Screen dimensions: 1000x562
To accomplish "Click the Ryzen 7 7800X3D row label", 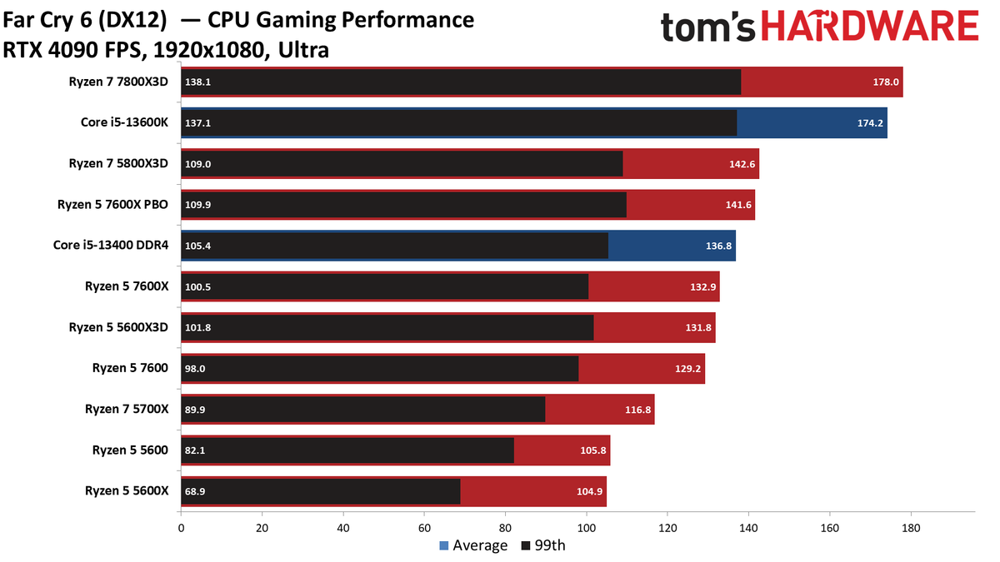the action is point(118,82).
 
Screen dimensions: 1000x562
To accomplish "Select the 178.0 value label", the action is point(886,82).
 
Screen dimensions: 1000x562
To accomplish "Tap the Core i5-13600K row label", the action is point(124,122).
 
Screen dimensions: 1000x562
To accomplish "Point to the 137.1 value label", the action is point(197,123).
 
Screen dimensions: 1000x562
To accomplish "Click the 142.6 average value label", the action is point(742,164).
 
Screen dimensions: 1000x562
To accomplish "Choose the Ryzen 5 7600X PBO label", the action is point(112,205).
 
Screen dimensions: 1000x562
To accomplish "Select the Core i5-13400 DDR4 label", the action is point(111,246).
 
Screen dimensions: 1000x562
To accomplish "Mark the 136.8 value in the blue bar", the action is point(718,246).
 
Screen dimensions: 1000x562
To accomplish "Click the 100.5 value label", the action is point(197,286).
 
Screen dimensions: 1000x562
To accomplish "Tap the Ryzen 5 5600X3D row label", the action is point(118,327).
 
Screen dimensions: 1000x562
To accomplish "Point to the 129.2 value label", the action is point(687,369).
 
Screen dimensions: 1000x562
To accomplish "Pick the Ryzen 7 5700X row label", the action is point(127,409).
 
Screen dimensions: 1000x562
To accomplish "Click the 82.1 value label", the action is point(195,450).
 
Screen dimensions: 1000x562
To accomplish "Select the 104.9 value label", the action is point(589,491).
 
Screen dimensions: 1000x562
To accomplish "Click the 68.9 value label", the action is point(195,491).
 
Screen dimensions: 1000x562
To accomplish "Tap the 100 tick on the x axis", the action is point(586,528).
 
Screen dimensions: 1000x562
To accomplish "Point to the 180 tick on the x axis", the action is point(911,528).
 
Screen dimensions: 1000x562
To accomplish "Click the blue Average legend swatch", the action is point(443,545).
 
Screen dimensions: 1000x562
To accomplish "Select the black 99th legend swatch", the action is point(526,545).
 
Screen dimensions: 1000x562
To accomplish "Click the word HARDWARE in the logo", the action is point(870,26).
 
